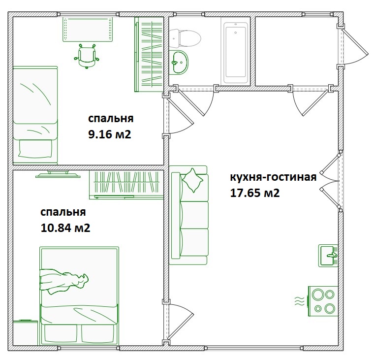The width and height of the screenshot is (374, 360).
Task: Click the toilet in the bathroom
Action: click(186, 36)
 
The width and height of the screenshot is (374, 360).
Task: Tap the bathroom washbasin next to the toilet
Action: click(180, 63)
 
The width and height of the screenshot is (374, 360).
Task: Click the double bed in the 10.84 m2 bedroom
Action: click(79, 296)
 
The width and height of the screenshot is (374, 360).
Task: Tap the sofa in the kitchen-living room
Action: click(190, 216)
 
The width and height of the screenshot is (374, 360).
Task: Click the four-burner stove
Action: click(323, 301)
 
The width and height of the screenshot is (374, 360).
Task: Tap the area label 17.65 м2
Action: click(255, 193)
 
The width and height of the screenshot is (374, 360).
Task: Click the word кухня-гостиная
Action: click(273, 177)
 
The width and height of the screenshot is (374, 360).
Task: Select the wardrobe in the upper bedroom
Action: click(149, 54)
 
